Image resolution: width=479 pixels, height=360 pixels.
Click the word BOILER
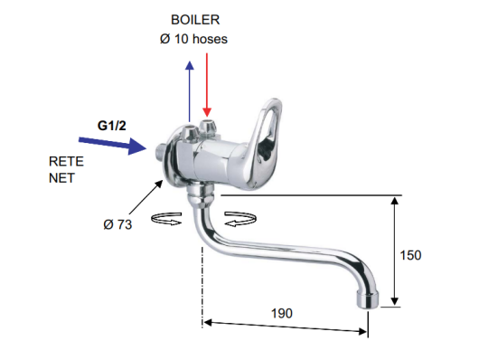coord(195,20)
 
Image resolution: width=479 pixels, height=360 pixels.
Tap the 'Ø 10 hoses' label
coord(193,39)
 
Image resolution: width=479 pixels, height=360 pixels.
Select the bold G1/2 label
coord(111,126)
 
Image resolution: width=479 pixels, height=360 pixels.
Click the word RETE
coord(66,162)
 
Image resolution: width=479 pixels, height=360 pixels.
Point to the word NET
coord(61,178)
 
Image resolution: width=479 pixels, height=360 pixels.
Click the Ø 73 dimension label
coord(117,224)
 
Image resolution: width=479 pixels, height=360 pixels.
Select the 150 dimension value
coord(410,255)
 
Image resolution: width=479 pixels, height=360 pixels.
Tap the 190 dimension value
coord(282,313)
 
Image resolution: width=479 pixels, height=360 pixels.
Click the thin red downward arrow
coord(207,85)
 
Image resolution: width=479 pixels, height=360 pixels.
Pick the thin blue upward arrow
coord(190,91)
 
